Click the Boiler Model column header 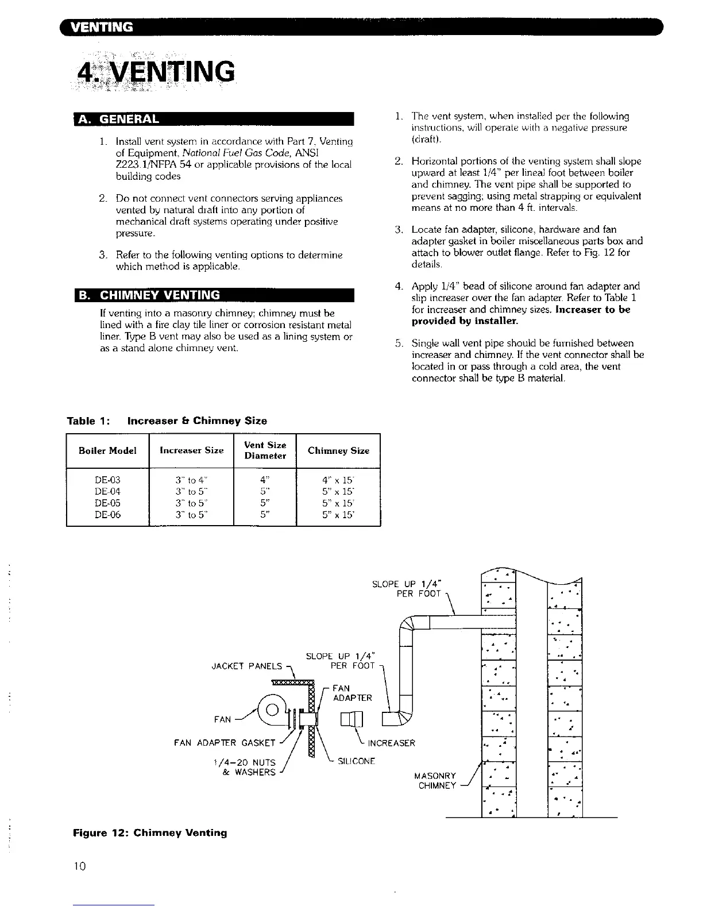click(107, 450)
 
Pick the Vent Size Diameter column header click(265, 450)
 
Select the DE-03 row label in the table click(107, 480)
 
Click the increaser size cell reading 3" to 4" click(191, 480)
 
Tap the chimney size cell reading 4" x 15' click(338, 480)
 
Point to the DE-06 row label click(107, 515)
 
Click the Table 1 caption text click(167, 421)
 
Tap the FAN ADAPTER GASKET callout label click(225, 743)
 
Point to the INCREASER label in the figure click(391, 743)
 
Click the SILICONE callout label click(356, 762)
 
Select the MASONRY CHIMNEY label click(435, 781)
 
